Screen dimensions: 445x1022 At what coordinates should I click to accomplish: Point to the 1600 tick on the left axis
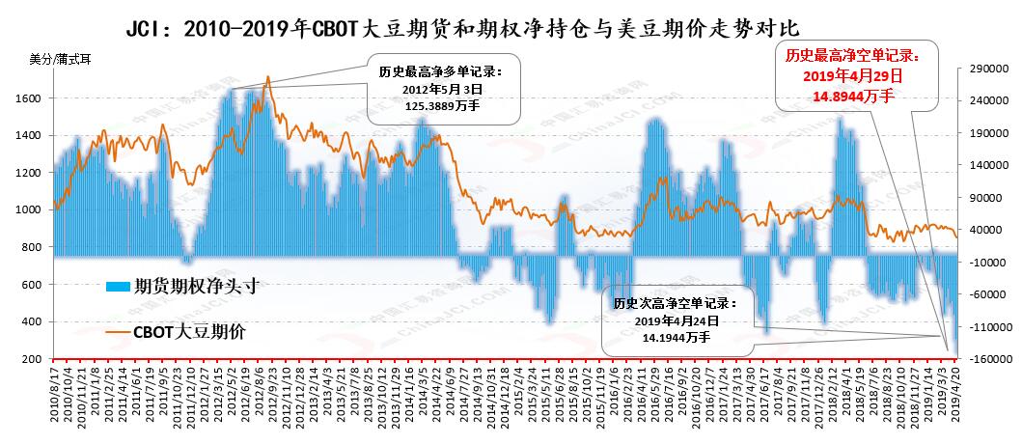(x=27, y=98)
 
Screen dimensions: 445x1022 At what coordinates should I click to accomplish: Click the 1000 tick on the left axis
(x=27, y=210)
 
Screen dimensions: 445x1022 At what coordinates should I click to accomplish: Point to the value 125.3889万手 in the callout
(x=441, y=105)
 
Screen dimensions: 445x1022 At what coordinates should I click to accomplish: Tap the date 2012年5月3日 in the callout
(x=441, y=89)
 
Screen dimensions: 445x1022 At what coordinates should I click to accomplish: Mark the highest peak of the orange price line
(x=267, y=77)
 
